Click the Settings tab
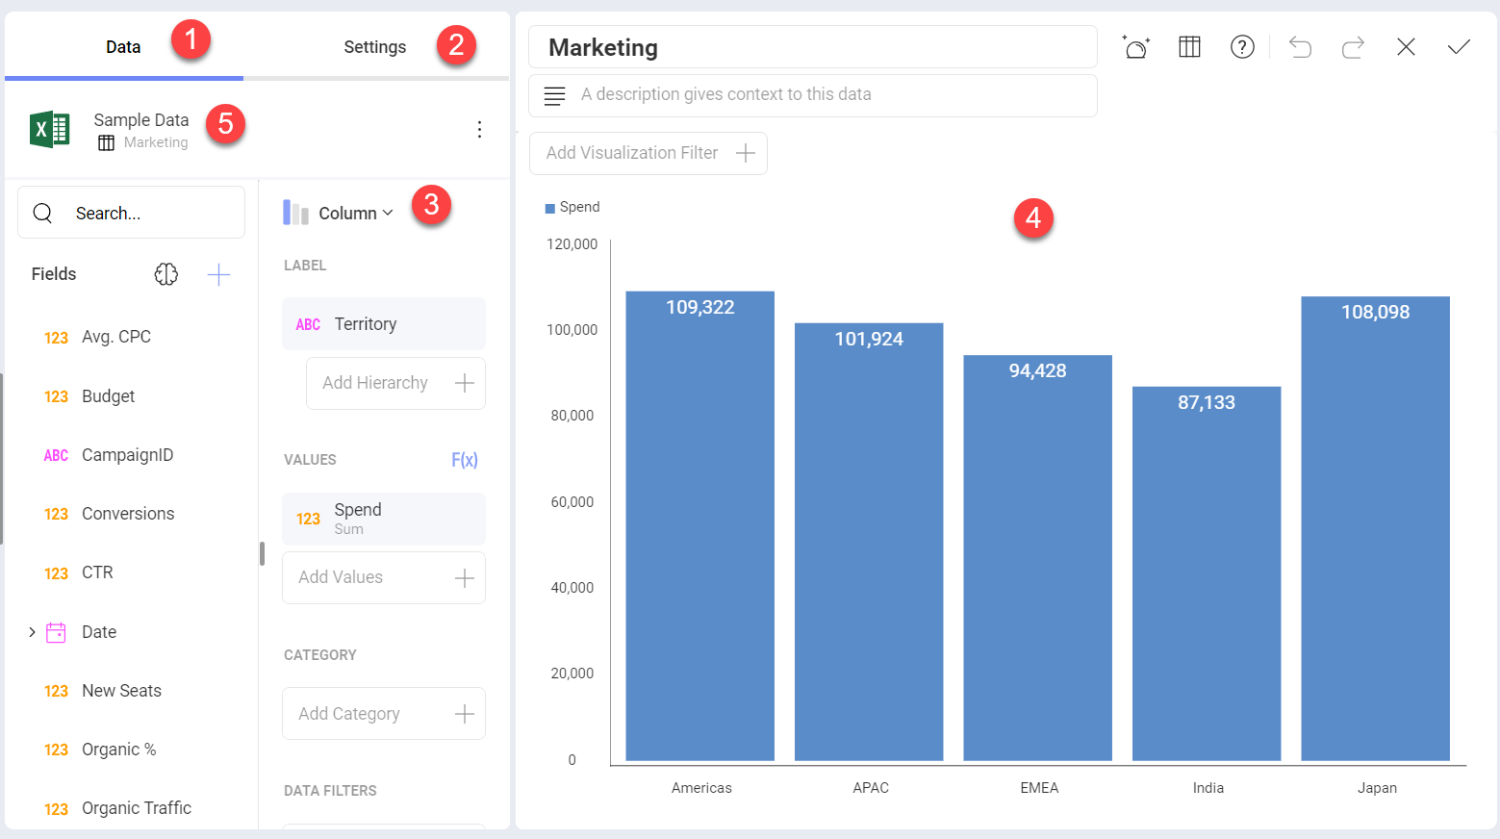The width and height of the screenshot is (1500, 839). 374,47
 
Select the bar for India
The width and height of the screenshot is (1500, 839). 1206,577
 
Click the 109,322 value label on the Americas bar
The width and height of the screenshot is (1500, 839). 699,308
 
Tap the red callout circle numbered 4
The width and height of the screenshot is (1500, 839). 1033,218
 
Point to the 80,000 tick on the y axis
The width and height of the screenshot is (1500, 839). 572,416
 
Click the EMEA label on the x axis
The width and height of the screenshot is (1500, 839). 1039,788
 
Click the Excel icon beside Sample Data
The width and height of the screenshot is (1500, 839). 49,129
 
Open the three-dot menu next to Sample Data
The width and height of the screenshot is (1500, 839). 479,130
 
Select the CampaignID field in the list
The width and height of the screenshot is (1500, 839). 127,455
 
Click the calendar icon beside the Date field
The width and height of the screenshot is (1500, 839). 57,632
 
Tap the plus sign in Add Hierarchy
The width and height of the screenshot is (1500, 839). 465,383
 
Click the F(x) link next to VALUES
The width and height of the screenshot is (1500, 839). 465,460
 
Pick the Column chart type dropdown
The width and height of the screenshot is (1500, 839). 339,213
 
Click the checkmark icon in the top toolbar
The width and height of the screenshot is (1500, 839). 1459,47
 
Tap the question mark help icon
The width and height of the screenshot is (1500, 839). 1242,47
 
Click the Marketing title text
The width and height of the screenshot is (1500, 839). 603,47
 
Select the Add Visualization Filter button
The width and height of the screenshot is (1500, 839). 648,153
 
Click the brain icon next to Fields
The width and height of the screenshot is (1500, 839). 166,274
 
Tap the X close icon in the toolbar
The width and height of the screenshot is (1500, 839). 1406,47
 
